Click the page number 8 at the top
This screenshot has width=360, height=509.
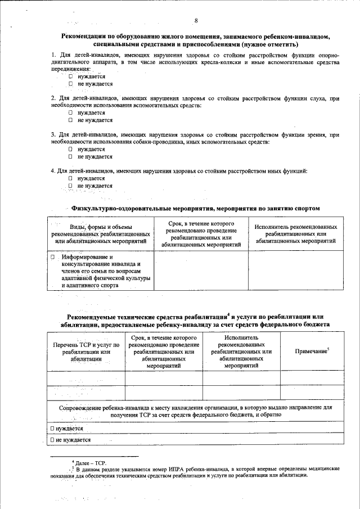196,21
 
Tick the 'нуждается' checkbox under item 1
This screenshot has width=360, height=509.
71,76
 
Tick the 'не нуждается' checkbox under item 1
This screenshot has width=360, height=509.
71,84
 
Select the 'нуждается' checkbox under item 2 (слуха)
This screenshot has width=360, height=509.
71,112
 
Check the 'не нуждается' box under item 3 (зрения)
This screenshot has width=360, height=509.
71,156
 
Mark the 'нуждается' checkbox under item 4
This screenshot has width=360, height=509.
71,178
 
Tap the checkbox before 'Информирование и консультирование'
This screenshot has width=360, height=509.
52,257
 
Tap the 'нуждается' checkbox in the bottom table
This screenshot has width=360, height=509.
52,428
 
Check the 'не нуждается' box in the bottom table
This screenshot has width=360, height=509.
52,440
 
